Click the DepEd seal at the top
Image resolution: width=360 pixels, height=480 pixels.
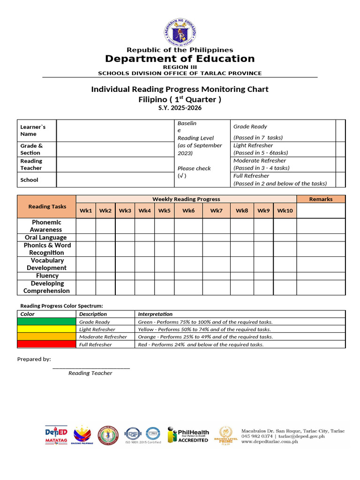click(180, 32)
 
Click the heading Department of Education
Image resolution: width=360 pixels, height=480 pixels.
click(180, 59)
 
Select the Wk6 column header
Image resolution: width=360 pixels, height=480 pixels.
click(188, 210)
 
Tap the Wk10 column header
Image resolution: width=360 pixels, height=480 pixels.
click(285, 210)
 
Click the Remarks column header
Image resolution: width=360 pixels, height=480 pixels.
click(321, 199)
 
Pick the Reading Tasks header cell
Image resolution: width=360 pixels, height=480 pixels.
click(47, 207)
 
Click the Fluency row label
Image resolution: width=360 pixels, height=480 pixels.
click(47, 276)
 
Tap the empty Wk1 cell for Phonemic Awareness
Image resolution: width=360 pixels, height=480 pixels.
click(86, 226)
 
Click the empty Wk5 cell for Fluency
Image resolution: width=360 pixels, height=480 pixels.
click(165, 276)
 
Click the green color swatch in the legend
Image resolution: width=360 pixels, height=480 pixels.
click(46, 322)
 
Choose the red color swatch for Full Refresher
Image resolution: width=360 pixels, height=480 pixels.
click(46, 345)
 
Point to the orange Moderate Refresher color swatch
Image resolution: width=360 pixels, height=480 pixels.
click(46, 337)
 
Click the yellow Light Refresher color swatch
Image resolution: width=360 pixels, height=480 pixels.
click(46, 330)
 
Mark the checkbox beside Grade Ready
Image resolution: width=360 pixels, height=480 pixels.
click(340, 130)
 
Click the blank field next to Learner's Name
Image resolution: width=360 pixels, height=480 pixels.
click(115, 130)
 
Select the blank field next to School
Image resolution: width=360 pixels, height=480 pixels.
click(115, 180)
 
